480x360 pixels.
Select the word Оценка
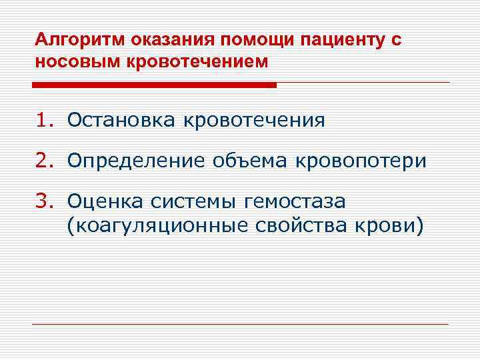[x=105, y=201]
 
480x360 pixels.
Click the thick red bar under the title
[x=154, y=85]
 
